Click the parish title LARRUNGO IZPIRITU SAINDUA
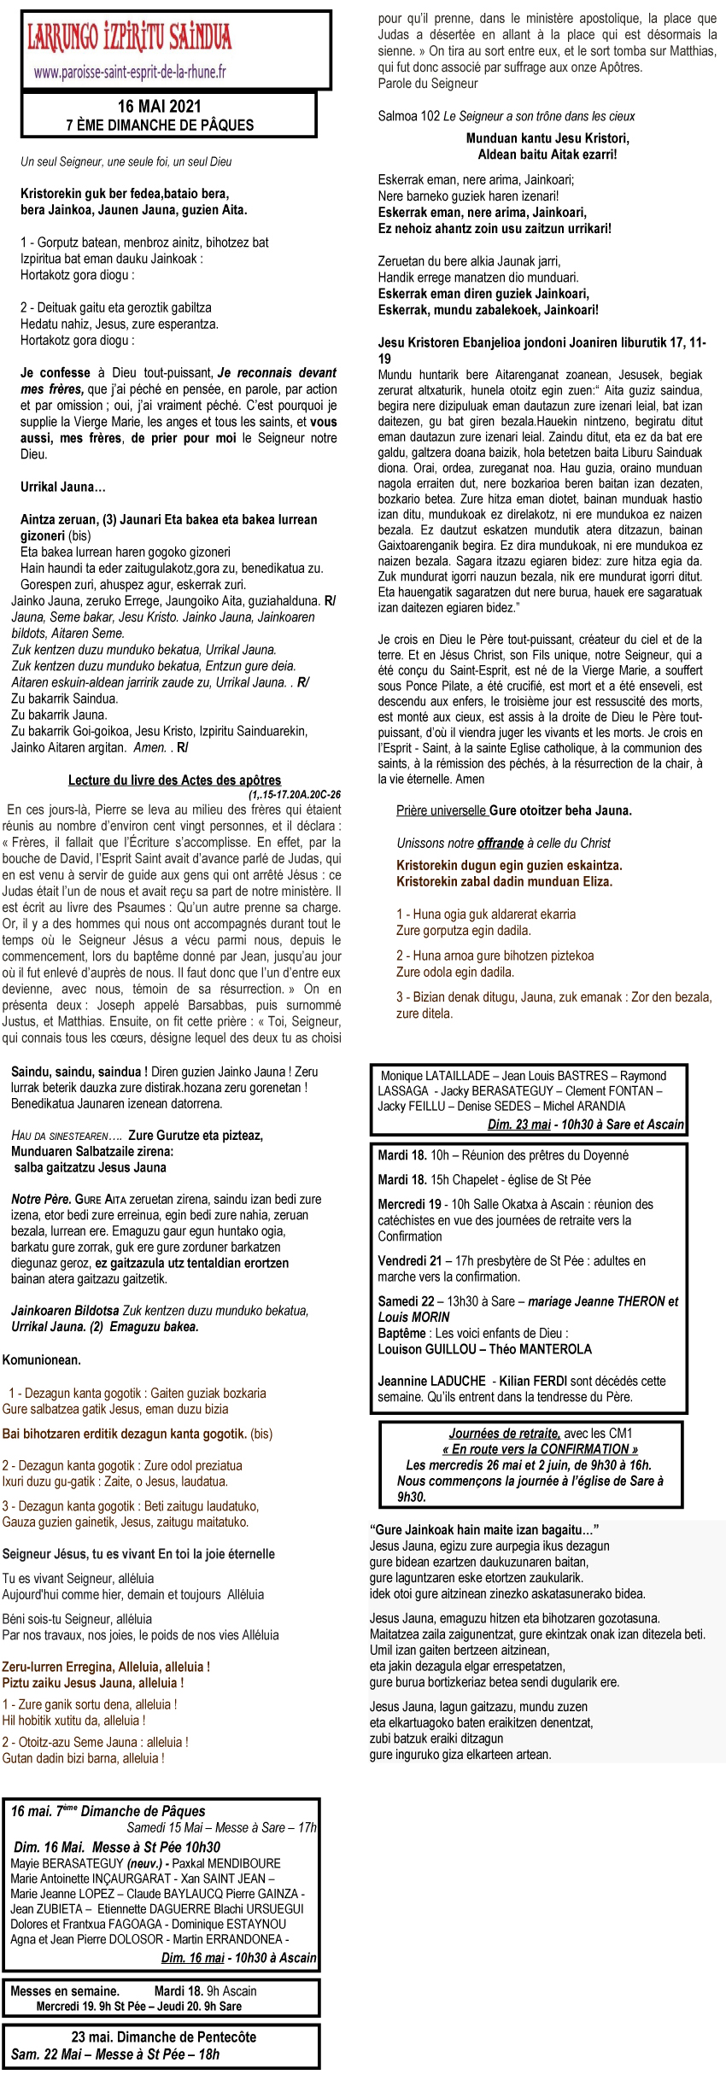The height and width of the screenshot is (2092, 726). tap(130, 38)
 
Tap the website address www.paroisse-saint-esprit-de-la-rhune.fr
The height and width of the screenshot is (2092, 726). tap(130, 73)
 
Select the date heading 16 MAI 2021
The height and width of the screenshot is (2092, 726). tap(160, 107)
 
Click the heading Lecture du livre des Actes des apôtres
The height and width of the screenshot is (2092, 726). tap(174, 780)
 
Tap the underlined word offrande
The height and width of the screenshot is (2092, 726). tap(500, 843)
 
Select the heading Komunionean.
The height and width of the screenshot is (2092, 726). tap(42, 1359)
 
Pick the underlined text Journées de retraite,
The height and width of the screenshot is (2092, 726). tap(505, 1433)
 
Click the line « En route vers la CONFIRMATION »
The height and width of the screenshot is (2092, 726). tap(539, 1449)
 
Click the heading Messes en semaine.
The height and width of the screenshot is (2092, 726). tap(65, 1991)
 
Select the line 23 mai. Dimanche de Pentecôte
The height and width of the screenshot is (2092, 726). tap(163, 2036)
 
